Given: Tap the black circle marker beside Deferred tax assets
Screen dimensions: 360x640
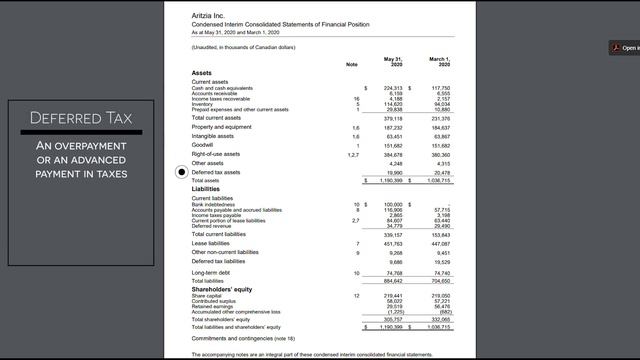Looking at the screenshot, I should point(181,172).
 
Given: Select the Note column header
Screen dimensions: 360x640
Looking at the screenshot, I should point(351,64).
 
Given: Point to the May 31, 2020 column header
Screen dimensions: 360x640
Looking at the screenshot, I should point(392,61).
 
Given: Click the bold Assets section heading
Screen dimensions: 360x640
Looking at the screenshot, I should point(202,74).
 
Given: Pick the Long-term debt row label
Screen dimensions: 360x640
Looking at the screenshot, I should point(213,272).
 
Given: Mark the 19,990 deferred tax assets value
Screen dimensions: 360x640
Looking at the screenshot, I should point(394,172).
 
